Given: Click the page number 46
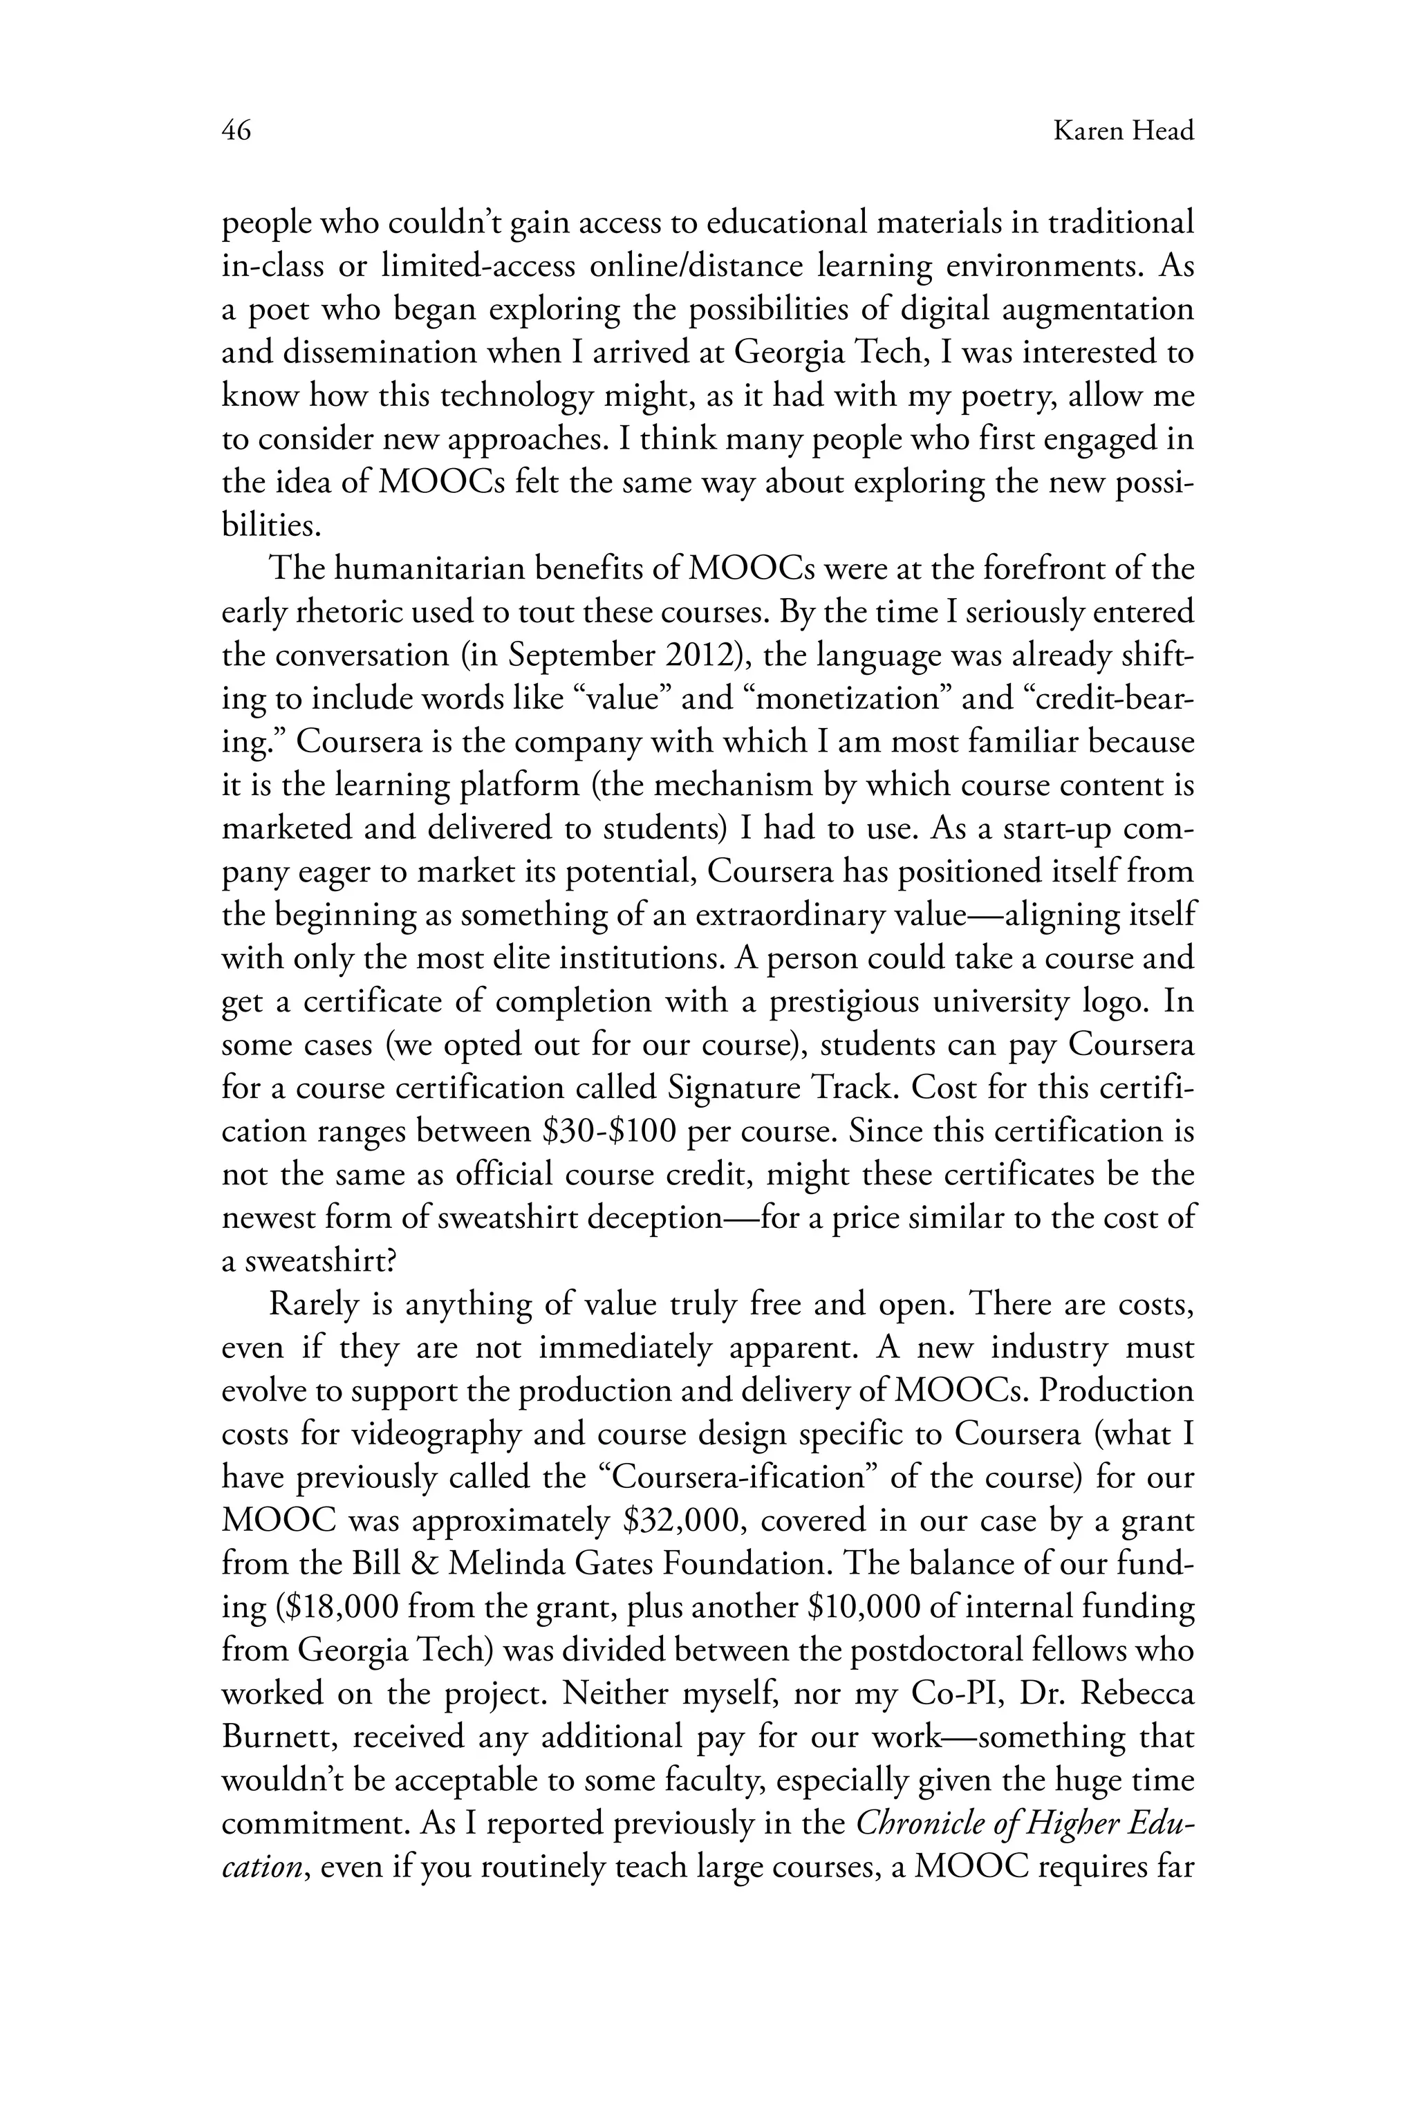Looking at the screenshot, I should [236, 132].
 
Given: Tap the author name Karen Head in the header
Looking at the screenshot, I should [1124, 132].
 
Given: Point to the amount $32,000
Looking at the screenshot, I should [684, 1521].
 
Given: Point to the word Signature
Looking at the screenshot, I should [732, 1088].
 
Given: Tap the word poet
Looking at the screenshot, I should [274, 310].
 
